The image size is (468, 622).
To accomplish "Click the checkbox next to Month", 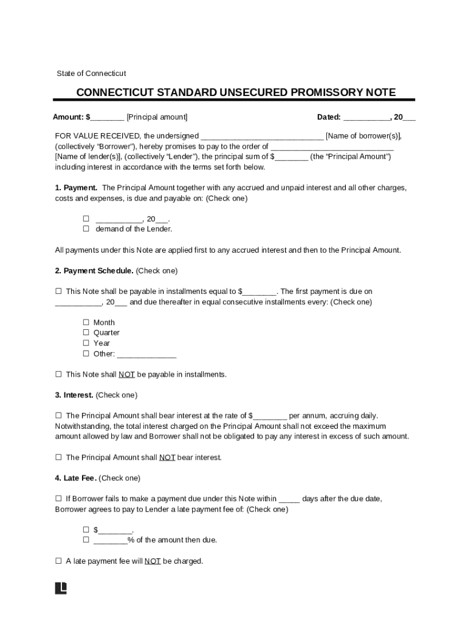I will tap(86, 323).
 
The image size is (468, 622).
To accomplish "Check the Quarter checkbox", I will tap(86, 333).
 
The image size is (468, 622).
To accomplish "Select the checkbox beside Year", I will tap(86, 343).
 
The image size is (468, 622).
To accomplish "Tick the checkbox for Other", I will tap(86, 354).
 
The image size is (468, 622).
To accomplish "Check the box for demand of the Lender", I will tap(86, 229).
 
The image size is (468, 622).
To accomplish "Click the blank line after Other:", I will tap(146, 354).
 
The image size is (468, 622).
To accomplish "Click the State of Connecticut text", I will tap(91, 73).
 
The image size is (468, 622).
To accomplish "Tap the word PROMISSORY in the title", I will tap(326, 92).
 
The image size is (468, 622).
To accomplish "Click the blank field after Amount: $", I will tap(108, 117).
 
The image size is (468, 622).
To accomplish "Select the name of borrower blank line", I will tap(262, 136).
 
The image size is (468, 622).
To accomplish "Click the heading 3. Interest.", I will tap(74, 395).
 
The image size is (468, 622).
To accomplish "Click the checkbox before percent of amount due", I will tap(86, 540).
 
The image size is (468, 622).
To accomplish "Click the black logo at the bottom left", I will tap(61, 588).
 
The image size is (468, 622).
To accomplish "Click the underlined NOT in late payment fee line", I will tap(153, 562).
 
